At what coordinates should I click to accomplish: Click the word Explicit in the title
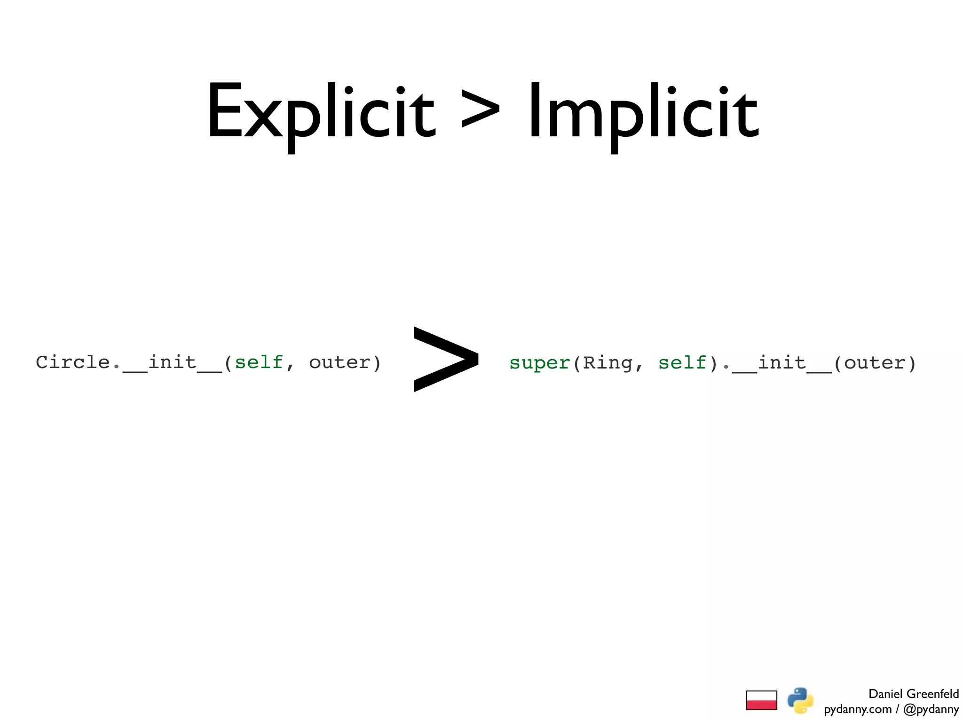pos(321,113)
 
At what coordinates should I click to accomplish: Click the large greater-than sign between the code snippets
pos(446,359)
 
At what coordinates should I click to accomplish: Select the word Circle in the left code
pos(73,362)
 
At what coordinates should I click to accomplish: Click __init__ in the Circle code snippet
pos(173,363)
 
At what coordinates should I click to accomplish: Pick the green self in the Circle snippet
pos(259,362)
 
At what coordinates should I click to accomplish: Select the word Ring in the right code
pos(608,363)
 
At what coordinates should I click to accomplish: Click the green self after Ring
pos(682,363)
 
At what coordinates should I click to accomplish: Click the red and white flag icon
pos(761,700)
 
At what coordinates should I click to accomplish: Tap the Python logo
pos(800,700)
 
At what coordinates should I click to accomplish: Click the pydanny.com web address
pos(858,709)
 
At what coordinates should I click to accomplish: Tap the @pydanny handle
pos(931,709)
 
